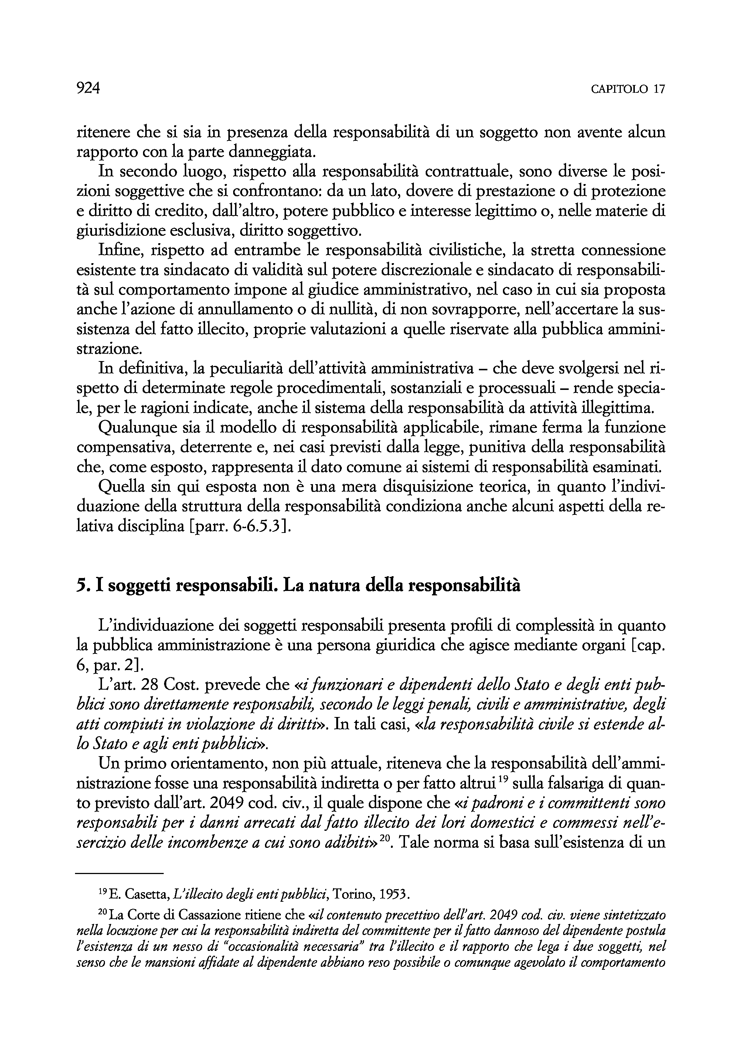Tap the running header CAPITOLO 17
click(628, 89)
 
